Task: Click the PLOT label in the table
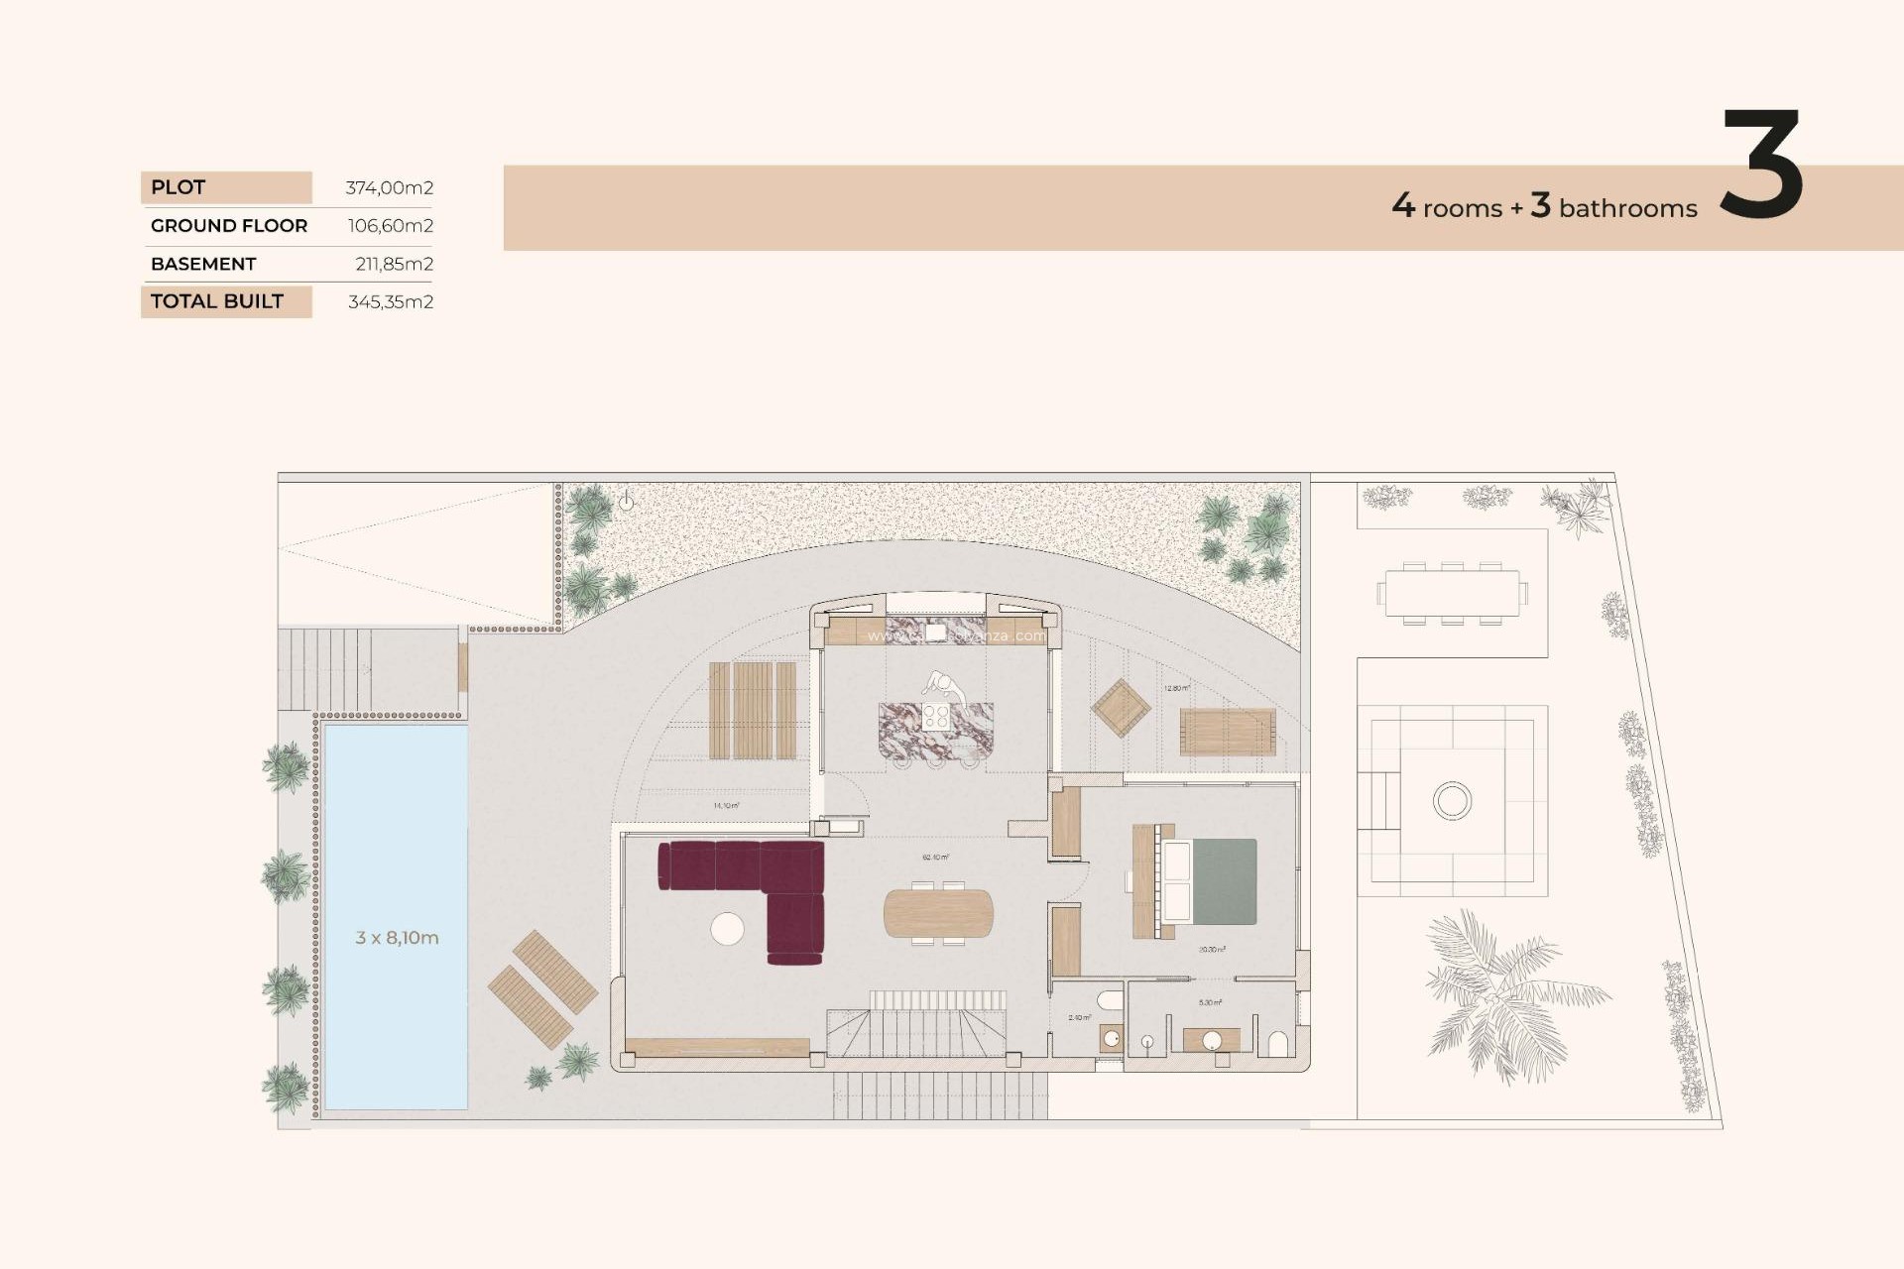click(178, 187)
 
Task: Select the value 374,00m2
click(389, 187)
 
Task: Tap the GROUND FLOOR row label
click(229, 226)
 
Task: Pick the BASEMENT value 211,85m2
click(394, 264)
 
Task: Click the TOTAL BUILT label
click(217, 301)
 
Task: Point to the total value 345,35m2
click(390, 301)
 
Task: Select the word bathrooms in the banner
click(1627, 208)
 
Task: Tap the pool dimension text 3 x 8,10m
click(397, 937)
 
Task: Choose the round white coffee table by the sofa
click(727, 929)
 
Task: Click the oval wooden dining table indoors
click(937, 913)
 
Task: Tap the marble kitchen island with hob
click(935, 730)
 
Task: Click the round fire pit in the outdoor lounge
click(1452, 800)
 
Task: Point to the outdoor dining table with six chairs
click(1452, 594)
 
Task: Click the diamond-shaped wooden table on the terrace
click(1121, 708)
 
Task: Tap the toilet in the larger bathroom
click(1278, 1044)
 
